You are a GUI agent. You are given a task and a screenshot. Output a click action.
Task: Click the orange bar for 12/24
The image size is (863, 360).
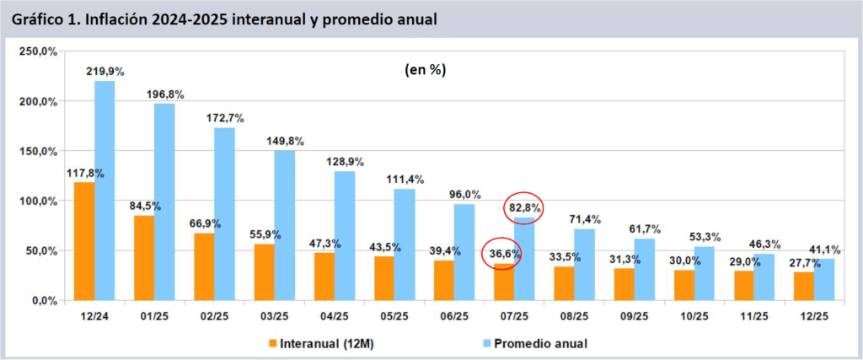pyautogui.click(x=84, y=241)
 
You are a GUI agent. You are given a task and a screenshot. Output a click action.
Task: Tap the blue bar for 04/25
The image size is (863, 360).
pyautogui.click(x=345, y=236)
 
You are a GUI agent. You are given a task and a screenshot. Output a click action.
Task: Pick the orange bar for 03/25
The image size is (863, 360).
pyautogui.click(x=264, y=271)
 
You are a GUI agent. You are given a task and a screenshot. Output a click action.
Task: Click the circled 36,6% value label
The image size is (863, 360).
pyautogui.click(x=502, y=253)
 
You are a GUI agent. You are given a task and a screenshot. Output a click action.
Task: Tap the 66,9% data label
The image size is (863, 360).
pyautogui.click(x=205, y=223)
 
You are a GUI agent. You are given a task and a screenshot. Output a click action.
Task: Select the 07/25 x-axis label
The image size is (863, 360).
pyautogui.click(x=513, y=318)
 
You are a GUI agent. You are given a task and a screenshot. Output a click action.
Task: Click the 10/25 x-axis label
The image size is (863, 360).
pyautogui.click(x=694, y=318)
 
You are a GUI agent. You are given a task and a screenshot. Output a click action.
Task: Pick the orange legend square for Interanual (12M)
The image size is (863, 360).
pyautogui.click(x=273, y=343)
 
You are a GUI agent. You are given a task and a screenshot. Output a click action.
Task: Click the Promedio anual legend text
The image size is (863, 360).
pyautogui.click(x=541, y=343)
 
